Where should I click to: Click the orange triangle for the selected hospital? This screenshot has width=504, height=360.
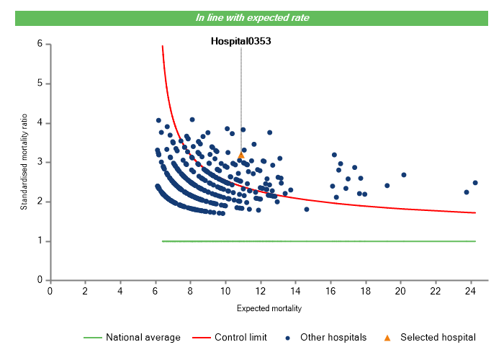(240, 155)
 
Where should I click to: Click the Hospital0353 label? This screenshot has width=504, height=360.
(240, 41)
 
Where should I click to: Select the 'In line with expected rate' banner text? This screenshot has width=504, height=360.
(252, 17)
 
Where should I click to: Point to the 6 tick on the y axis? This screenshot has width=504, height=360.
(41, 45)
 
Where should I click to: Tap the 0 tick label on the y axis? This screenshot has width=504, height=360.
(41, 280)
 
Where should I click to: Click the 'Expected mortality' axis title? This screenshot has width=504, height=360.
(269, 308)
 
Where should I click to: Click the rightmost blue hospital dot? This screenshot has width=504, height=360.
(475, 183)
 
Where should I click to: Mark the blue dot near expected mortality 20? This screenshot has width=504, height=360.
(404, 175)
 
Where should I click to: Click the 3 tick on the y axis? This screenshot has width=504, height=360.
(41, 163)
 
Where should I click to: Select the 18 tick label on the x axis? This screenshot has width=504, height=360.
(365, 290)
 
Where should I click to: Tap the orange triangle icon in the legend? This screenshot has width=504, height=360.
(387, 338)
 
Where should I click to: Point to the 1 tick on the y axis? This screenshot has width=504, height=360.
(41, 241)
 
